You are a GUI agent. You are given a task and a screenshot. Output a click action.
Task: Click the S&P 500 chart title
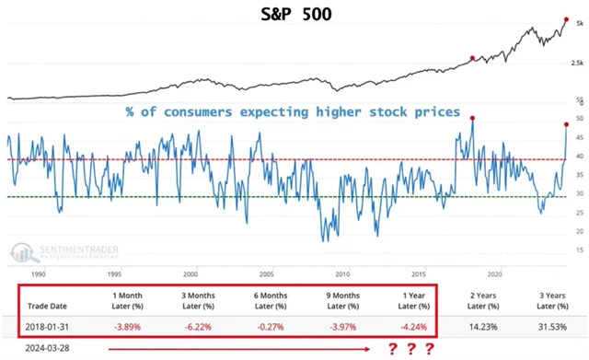(x=293, y=15)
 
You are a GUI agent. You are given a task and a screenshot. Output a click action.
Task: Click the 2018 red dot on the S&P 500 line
(x=472, y=58)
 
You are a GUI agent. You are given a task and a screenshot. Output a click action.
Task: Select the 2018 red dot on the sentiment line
(x=472, y=118)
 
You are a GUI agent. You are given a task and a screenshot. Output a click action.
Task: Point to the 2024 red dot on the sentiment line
(x=565, y=124)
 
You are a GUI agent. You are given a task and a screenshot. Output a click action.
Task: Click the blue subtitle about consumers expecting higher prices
(x=293, y=112)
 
